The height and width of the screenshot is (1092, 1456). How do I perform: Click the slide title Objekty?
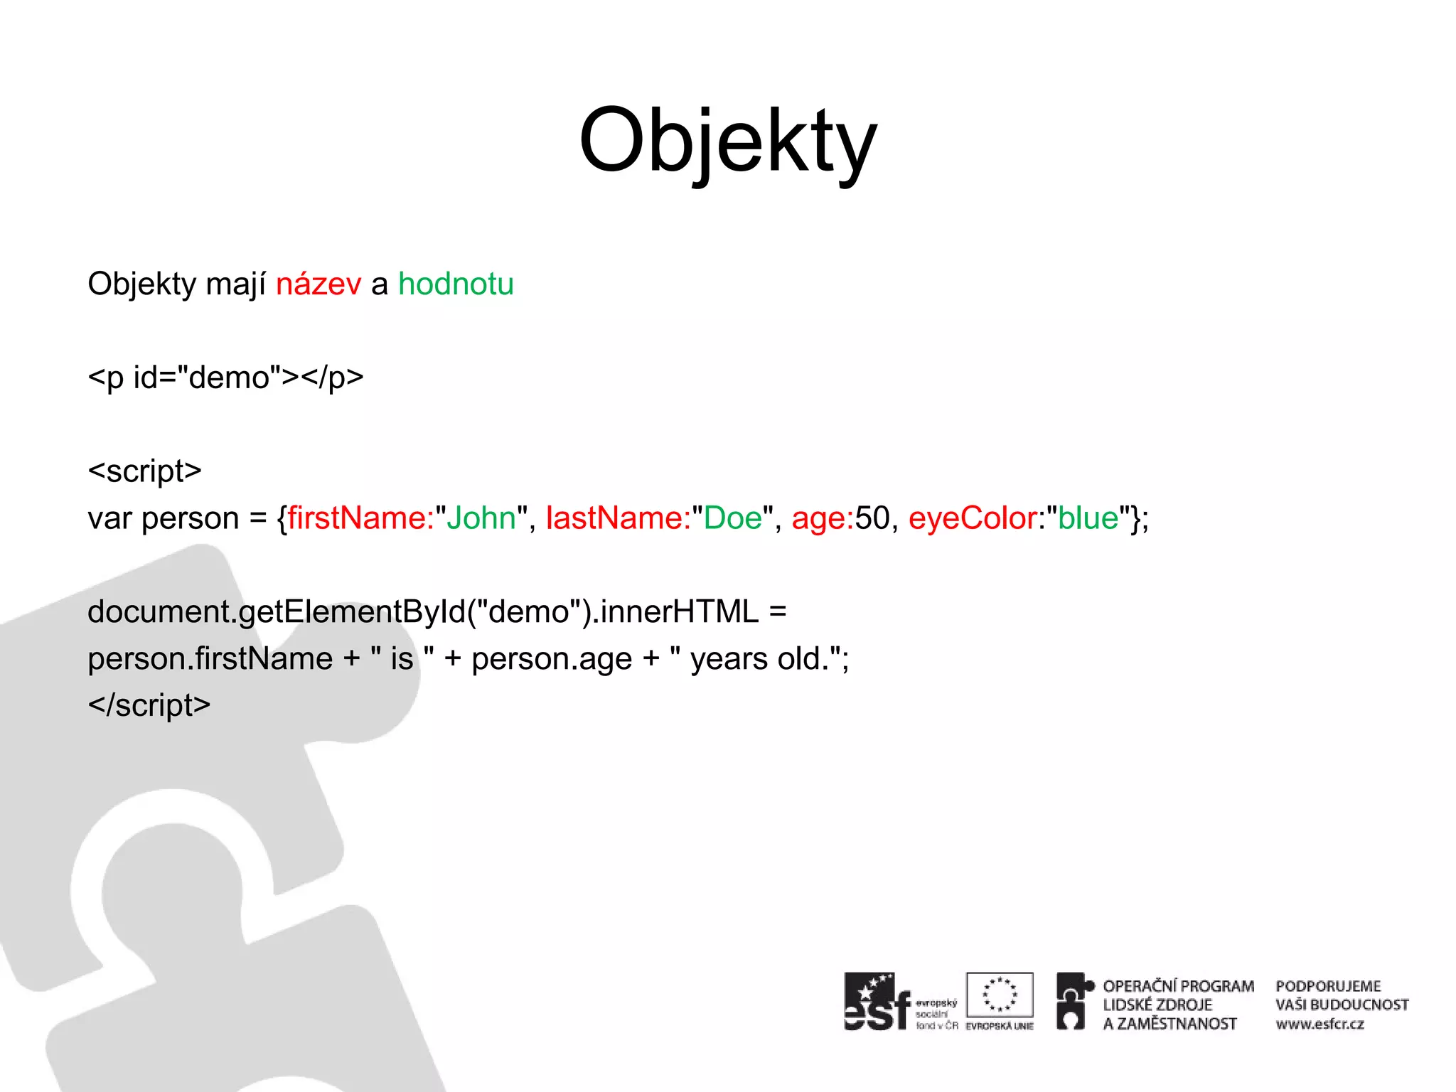[x=728, y=142]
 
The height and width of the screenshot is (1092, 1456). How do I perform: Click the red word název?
[x=318, y=284]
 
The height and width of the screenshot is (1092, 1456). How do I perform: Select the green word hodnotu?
[x=456, y=284]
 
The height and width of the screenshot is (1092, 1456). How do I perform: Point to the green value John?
[x=481, y=518]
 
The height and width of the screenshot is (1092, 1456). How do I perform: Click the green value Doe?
[x=732, y=518]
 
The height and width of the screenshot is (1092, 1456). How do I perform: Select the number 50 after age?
[x=872, y=518]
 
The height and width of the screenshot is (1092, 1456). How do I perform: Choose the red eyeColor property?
[x=972, y=518]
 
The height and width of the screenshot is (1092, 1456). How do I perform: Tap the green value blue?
[x=1088, y=518]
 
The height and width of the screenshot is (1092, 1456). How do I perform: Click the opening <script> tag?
[x=145, y=471]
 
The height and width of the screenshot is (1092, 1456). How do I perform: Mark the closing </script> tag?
[x=149, y=706]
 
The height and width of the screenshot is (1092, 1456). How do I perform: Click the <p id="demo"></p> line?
[x=225, y=378]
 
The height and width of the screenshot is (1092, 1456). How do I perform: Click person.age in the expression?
[x=552, y=659]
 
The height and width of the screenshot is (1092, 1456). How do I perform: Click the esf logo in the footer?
[x=877, y=1002]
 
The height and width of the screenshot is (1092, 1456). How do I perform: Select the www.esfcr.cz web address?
[x=1319, y=1024]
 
